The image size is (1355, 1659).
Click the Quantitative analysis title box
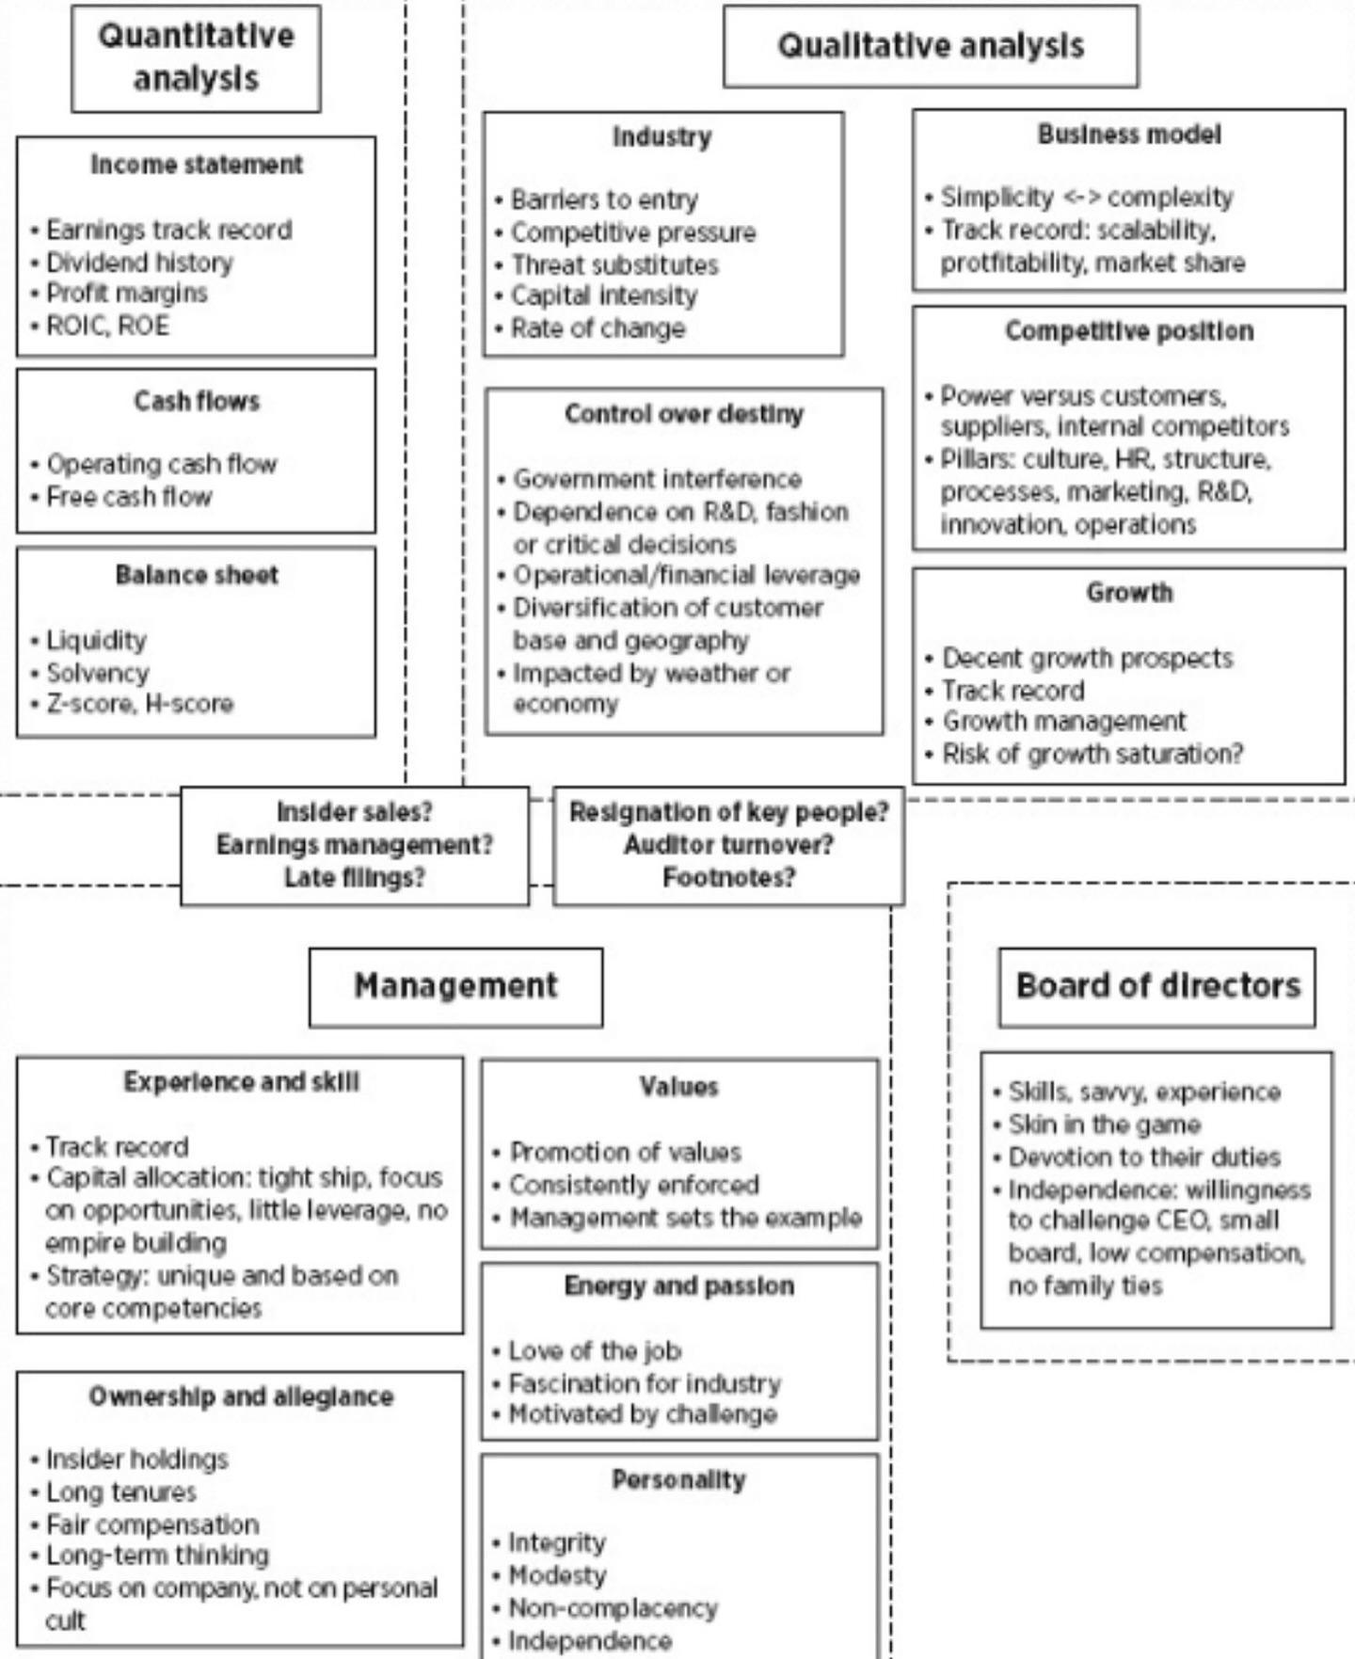[196, 57]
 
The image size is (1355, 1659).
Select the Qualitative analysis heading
[930, 46]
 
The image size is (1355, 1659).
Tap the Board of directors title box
[1157, 986]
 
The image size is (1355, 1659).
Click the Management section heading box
[455, 986]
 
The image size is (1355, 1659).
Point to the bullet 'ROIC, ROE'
[107, 327]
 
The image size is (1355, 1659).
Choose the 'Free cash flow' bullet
[129, 497]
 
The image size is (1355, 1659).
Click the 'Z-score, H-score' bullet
[139, 704]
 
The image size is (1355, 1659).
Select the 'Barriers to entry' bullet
[604, 200]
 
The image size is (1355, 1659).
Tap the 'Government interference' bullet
[657, 479]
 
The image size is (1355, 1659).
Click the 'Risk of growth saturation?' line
[1092, 754]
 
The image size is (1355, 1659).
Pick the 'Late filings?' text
[355, 878]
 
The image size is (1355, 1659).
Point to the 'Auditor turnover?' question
[728, 845]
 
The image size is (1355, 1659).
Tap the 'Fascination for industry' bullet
[645, 1383]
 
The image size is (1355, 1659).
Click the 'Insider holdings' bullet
[136, 1460]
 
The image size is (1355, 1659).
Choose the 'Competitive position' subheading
[1129, 331]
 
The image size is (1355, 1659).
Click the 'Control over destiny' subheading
[684, 414]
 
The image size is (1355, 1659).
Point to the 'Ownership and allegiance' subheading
[241, 1396]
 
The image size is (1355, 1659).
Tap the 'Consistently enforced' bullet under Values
[633, 1185]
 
